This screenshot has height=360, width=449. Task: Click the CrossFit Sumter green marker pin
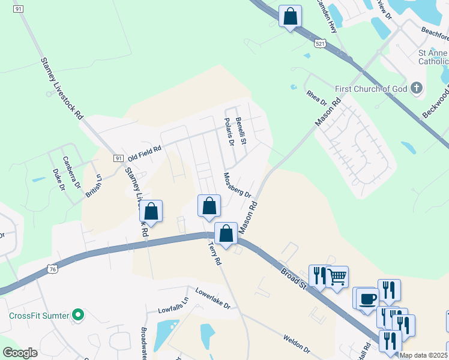point(77,315)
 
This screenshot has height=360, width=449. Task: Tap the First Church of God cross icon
point(417,89)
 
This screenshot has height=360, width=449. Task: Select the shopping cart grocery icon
point(337,277)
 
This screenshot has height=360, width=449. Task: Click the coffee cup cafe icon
point(367,298)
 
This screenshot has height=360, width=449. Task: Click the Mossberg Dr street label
point(237,185)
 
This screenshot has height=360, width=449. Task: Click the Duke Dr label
point(58,180)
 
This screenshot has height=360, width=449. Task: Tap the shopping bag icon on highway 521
point(290,16)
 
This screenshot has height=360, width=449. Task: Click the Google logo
point(20,352)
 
